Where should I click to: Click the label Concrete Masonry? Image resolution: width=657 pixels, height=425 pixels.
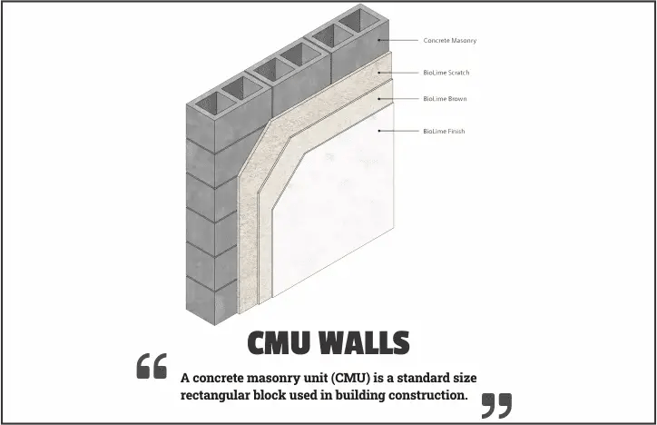pyautogui.click(x=449, y=41)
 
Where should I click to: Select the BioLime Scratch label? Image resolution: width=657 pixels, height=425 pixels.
pyautogui.click(x=446, y=73)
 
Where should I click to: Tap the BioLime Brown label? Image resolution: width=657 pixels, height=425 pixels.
pyautogui.click(x=445, y=99)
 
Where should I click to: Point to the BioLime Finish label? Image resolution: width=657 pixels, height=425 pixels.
pyautogui.click(x=444, y=132)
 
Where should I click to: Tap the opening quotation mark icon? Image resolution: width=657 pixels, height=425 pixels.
pyautogui.click(x=152, y=366)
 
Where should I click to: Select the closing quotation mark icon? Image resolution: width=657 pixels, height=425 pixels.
pyautogui.click(x=496, y=405)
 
